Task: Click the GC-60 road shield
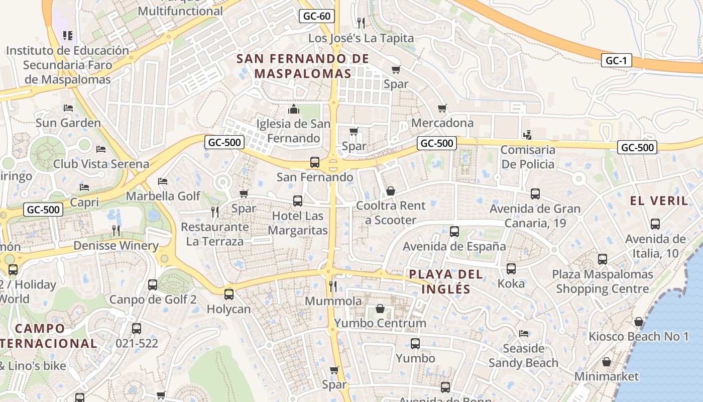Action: [317, 16]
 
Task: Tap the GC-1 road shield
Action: [616, 61]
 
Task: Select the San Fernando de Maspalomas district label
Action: [302, 66]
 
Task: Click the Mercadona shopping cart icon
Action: [442, 109]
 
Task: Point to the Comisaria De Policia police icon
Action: [527, 135]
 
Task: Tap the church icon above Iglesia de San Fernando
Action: [294, 109]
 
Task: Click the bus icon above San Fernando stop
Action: [315, 162]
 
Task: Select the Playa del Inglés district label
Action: [446, 281]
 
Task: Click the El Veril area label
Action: [659, 200]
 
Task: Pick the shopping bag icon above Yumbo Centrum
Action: [380, 309]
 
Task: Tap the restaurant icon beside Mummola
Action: [332, 286]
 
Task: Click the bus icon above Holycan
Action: [229, 294]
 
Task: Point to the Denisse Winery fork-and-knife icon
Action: [116, 231]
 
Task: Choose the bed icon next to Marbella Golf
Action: [162, 181]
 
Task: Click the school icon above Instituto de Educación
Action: [68, 36]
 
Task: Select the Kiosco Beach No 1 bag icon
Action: [639, 322]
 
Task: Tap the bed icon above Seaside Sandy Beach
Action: [524, 334]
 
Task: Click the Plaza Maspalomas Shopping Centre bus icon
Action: [603, 259]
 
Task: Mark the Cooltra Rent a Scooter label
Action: [391, 213]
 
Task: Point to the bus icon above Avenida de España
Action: [454, 232]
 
